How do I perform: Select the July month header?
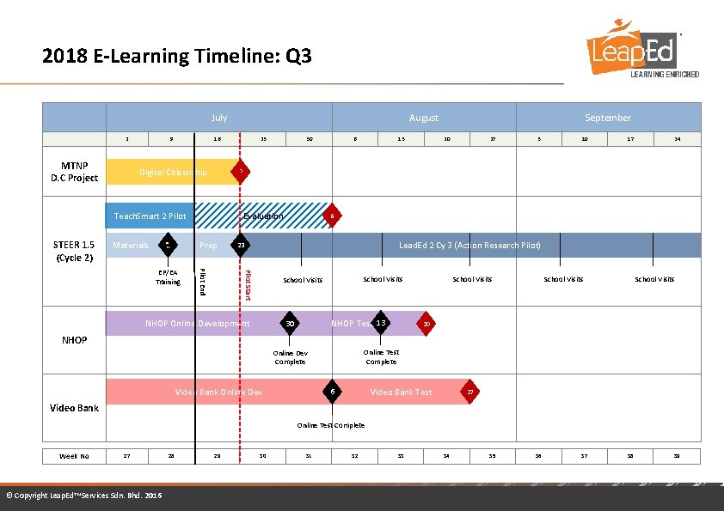(x=218, y=118)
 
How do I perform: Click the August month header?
(x=423, y=118)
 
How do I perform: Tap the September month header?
(x=608, y=118)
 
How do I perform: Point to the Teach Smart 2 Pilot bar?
(x=150, y=216)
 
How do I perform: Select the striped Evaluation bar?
(x=262, y=216)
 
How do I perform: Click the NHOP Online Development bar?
(x=197, y=323)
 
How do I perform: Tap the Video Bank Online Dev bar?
(x=218, y=392)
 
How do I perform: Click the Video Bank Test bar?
(x=401, y=392)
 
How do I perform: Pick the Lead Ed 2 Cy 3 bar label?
(x=469, y=246)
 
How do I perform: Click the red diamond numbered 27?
(x=469, y=392)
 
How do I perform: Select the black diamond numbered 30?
(x=291, y=323)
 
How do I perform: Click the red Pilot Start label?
(x=248, y=284)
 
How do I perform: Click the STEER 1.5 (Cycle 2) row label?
(x=74, y=251)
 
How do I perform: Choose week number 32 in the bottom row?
(x=354, y=456)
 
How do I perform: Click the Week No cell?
(x=74, y=456)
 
